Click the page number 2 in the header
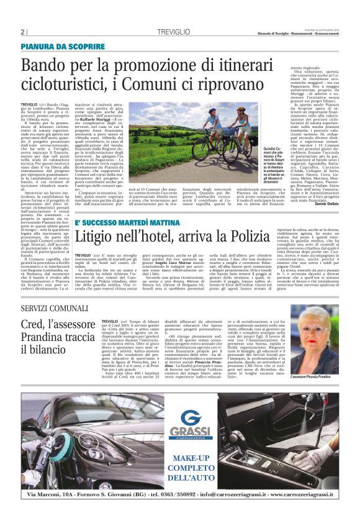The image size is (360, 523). [22, 32]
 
